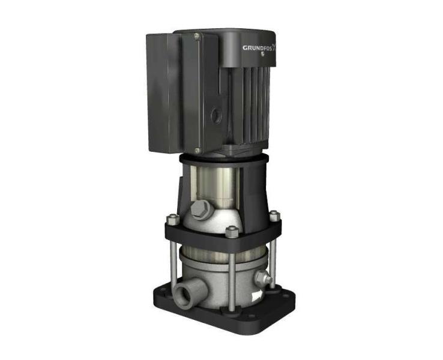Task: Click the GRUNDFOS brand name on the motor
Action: [x=262, y=47]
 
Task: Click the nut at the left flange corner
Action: [x=171, y=218]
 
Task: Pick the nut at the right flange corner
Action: [x=274, y=215]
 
